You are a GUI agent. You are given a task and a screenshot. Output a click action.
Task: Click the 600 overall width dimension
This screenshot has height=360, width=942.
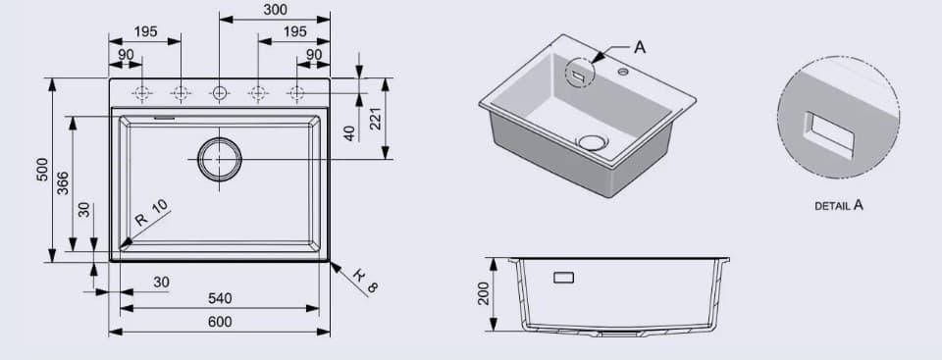(220, 322)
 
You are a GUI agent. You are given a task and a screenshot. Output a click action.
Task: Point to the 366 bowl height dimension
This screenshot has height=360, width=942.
(63, 182)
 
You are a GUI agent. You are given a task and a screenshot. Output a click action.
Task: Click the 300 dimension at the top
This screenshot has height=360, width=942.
(276, 10)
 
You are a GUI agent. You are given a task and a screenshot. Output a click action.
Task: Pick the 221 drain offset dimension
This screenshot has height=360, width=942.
(376, 120)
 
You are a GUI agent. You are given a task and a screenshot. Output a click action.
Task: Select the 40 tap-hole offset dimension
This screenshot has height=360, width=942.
(350, 131)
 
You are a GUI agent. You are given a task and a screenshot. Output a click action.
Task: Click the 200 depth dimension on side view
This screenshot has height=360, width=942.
(484, 294)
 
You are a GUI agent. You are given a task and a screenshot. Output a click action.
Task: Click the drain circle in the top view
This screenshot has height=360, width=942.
(219, 159)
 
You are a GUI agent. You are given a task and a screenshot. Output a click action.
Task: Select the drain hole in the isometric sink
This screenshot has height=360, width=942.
(593, 142)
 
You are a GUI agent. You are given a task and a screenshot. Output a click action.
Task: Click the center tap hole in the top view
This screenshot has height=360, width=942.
(219, 93)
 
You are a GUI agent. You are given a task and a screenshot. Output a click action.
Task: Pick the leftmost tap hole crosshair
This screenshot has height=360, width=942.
(142, 93)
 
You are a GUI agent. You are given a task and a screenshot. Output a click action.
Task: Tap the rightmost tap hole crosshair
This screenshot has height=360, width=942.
(295, 93)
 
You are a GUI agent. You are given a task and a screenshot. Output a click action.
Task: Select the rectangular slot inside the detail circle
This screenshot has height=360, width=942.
(827, 134)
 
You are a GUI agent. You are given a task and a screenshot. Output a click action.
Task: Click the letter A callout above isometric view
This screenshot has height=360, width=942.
(640, 46)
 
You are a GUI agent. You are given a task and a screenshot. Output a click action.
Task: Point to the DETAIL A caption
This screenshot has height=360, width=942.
(838, 206)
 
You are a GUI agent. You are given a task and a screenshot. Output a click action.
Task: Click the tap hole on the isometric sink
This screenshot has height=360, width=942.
(622, 72)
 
